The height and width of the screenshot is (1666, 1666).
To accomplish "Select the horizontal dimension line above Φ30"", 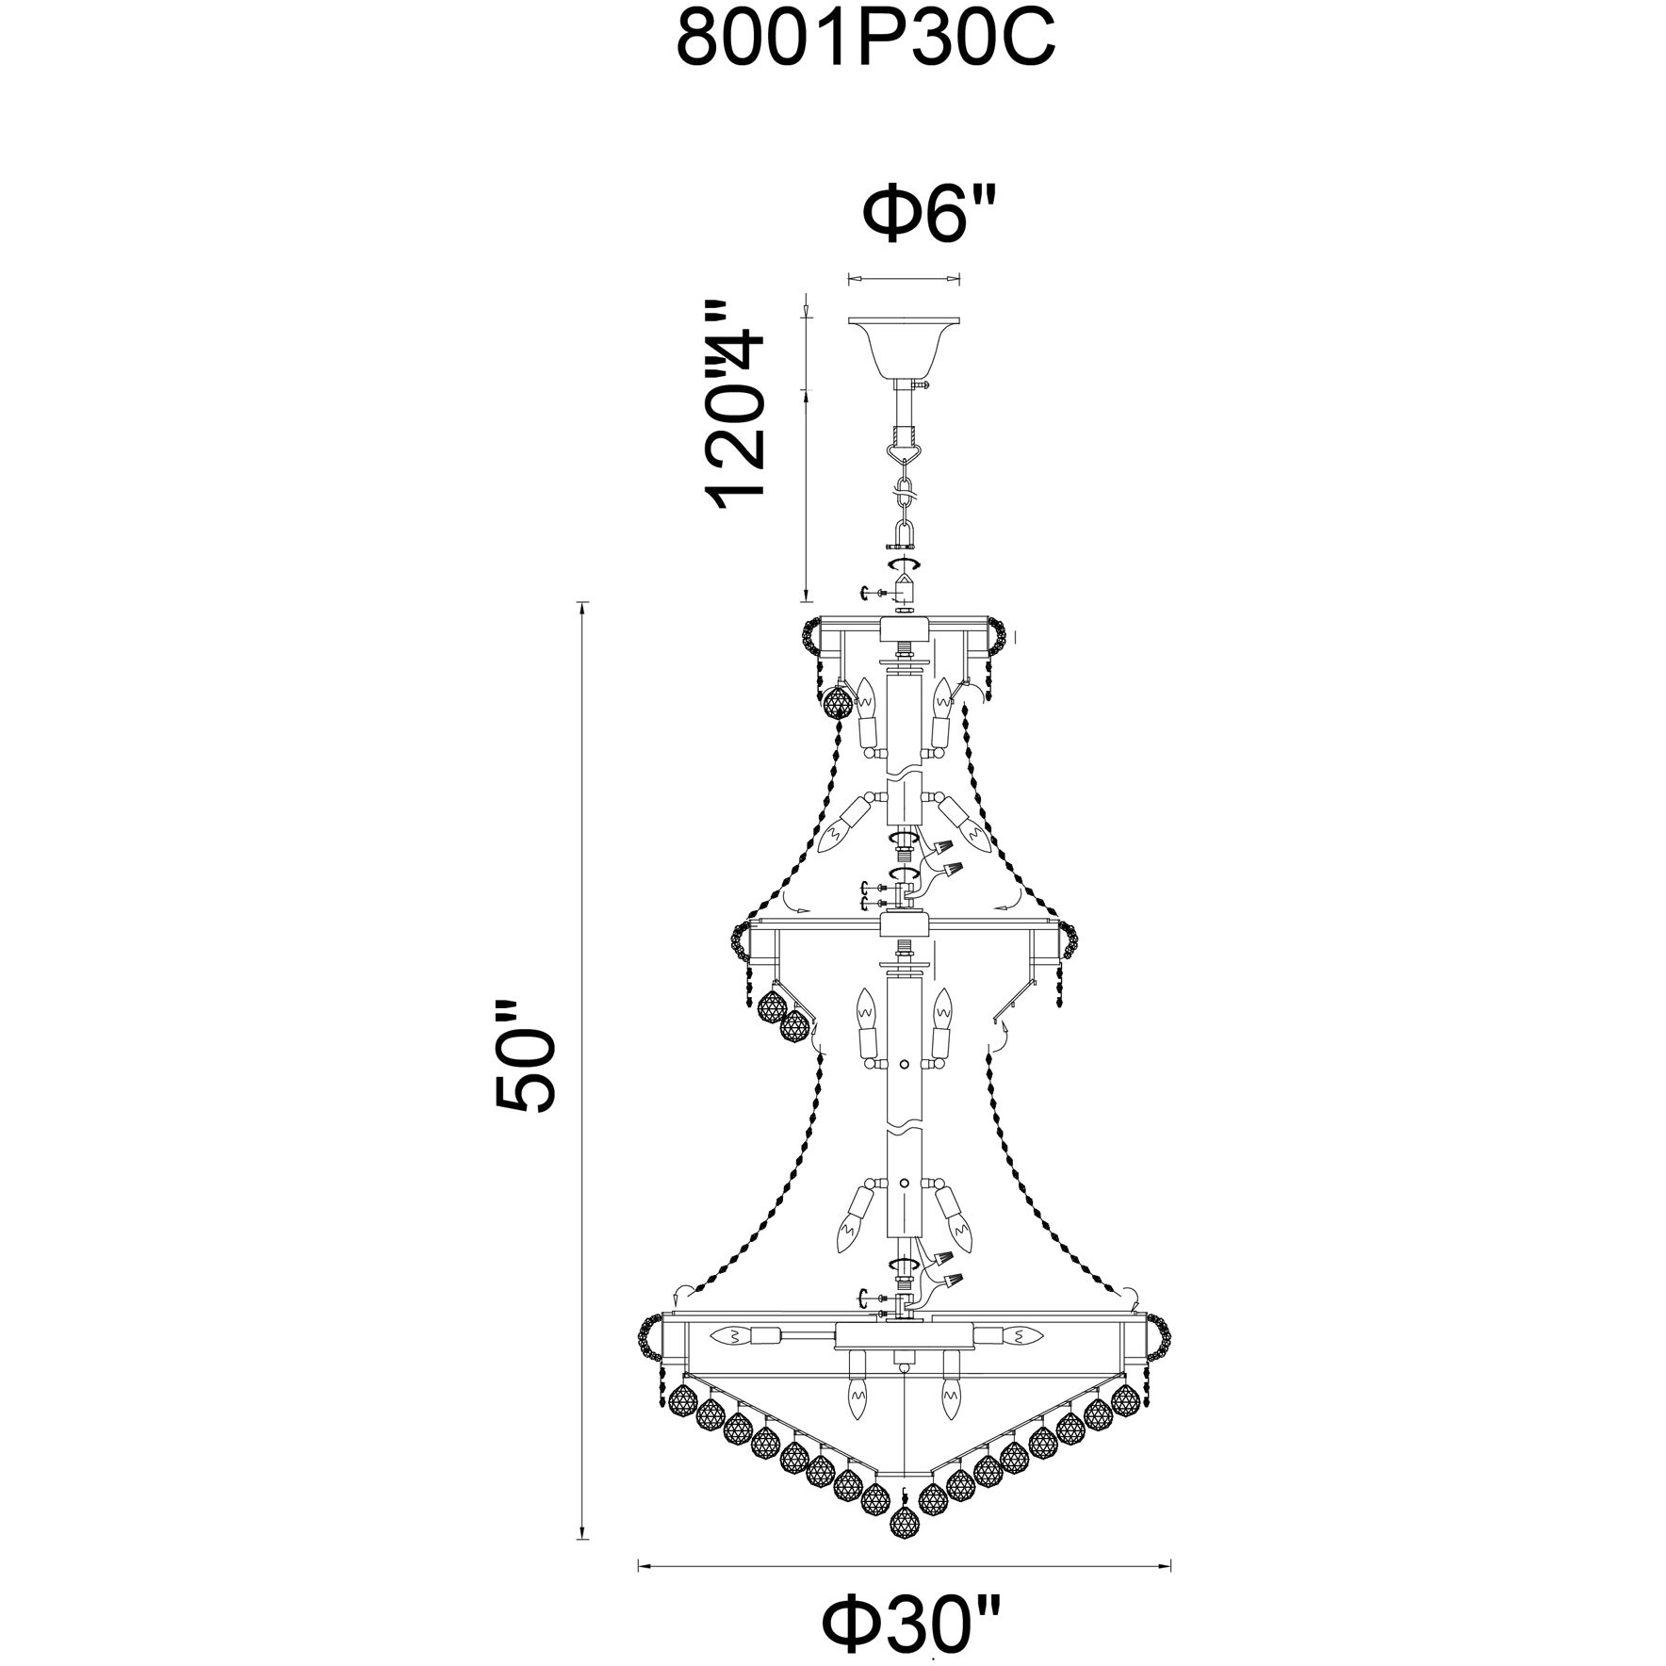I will point(905,1488).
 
